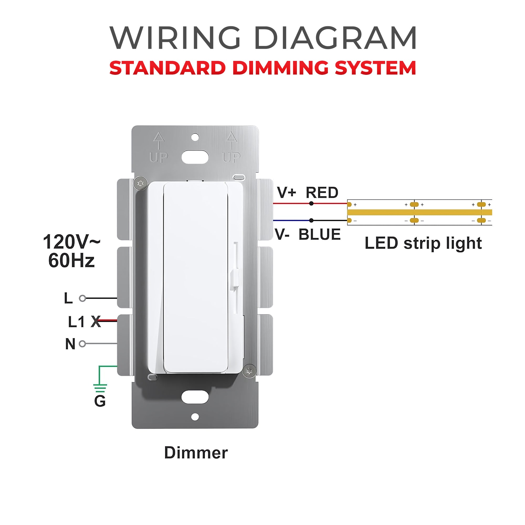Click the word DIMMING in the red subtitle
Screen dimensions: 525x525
[x=280, y=68]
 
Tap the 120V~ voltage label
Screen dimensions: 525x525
[x=71, y=242]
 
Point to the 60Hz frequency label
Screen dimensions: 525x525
[x=71, y=260]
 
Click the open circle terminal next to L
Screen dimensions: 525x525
[x=82, y=298]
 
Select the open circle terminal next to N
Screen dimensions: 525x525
[x=82, y=344]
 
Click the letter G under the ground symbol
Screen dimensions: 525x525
[x=100, y=401]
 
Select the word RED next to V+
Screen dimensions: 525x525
[x=322, y=193]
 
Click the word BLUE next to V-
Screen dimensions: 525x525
[x=319, y=234]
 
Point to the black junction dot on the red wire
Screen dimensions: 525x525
[x=311, y=203]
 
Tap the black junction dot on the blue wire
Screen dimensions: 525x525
[x=311, y=220]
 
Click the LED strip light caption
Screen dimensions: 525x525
[x=423, y=243]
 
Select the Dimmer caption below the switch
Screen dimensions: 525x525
[x=196, y=453]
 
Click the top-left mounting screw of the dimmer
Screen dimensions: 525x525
[x=140, y=184]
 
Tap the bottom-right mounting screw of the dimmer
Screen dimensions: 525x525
[x=249, y=371]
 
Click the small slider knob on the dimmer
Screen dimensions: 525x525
[x=234, y=280]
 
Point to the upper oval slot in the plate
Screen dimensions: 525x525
[x=195, y=157]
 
